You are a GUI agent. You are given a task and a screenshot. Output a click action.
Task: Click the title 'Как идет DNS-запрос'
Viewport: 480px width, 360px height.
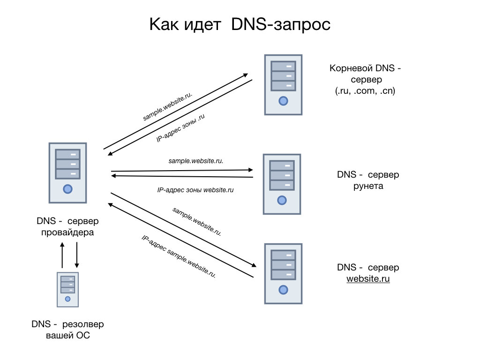click(240, 25)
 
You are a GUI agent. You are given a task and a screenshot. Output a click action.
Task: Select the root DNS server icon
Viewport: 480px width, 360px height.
click(283, 84)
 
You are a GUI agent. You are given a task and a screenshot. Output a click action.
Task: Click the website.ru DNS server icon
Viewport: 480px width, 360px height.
click(283, 274)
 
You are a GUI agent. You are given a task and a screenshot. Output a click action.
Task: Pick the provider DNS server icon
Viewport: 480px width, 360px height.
click(67, 172)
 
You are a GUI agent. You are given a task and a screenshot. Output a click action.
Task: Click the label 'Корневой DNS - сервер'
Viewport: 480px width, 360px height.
click(365, 74)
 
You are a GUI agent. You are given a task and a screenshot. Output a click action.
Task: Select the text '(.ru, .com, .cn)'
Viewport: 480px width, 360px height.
click(365, 91)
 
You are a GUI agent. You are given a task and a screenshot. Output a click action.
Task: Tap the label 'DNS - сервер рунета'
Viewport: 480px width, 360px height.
click(368, 180)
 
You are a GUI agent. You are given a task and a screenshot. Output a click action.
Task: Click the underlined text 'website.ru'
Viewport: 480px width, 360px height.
click(368, 279)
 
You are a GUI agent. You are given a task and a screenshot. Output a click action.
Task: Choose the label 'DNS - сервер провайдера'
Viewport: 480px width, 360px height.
click(67, 226)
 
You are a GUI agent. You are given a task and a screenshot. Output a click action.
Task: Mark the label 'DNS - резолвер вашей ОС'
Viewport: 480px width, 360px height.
click(67, 330)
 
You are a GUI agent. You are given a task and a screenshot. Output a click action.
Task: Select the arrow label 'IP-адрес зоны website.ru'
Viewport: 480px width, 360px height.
click(195, 190)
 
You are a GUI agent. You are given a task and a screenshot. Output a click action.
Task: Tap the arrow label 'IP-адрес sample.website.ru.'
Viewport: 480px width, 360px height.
click(179, 256)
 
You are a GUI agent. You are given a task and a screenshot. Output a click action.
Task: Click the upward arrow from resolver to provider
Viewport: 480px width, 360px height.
click(62, 255)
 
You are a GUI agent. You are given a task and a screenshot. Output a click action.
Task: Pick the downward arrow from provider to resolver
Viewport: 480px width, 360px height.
click(76, 255)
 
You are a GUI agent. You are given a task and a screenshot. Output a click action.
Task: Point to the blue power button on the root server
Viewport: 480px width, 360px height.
click(283, 100)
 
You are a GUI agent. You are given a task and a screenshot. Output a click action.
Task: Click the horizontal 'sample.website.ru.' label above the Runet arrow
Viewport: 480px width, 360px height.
click(195, 161)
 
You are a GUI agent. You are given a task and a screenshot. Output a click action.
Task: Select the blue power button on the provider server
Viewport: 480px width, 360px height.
click(67, 189)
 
